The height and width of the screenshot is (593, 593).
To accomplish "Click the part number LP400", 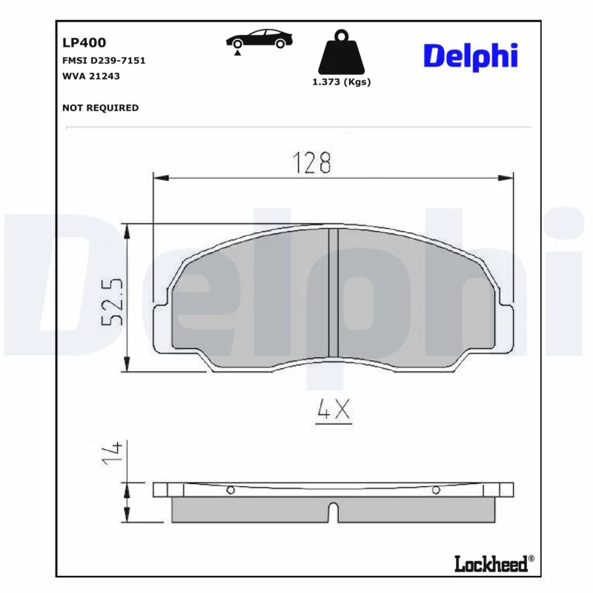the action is pos(84,42).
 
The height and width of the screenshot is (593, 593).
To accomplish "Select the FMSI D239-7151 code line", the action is pos(104,61).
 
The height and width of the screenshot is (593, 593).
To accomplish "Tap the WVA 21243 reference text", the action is pos(90,76).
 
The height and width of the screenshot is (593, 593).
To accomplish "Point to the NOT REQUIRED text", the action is pos(100,107).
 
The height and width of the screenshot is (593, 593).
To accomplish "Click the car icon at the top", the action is pos(259,39).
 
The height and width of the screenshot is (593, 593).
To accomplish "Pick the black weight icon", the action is pos(341,52).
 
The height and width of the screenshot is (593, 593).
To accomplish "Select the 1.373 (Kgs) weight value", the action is pos(341,82).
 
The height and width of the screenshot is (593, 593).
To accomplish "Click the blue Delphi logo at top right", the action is pos(471,57).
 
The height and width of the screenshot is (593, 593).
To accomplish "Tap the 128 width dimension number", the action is pos(312,162).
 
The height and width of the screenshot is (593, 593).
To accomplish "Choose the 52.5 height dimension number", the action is pos(113,302).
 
